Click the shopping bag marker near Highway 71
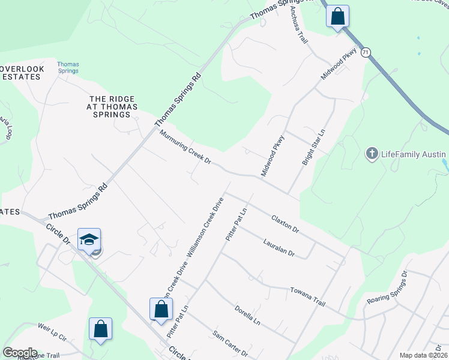338,16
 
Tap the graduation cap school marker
88,240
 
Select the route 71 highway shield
366,53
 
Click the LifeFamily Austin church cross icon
372,154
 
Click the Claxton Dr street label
285,224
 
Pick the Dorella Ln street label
247,314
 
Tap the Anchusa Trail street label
298,26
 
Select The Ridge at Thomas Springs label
113,107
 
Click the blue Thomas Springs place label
68,67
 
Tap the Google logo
20,353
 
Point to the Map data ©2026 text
423,355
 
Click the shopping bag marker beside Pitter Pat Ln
161,310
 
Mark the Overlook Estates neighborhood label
22,73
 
